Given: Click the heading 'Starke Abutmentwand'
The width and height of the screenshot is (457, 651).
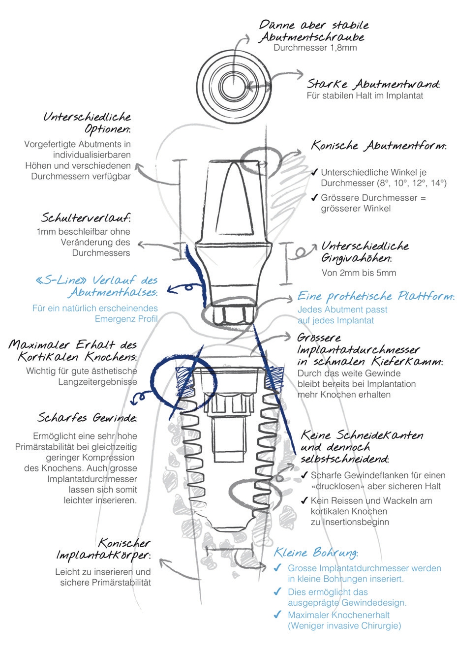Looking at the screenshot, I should (x=372, y=84).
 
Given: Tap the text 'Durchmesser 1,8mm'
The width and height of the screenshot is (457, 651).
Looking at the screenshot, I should (x=315, y=48).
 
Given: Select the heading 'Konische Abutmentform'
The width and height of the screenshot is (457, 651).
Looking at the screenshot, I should (x=378, y=146).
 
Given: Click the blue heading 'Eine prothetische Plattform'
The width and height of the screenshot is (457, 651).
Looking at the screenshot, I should (x=375, y=296).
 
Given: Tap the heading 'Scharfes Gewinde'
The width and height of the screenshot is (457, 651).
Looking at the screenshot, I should (x=87, y=418).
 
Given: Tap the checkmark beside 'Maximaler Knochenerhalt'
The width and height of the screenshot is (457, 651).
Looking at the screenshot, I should (x=277, y=615).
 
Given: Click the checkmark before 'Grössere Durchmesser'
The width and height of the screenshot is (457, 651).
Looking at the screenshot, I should (x=314, y=198).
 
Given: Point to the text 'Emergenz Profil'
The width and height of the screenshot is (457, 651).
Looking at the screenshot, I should (x=126, y=319).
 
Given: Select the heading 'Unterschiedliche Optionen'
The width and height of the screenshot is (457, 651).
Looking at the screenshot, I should (x=88, y=123).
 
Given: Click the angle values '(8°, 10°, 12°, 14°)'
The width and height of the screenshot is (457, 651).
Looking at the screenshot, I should (x=412, y=183).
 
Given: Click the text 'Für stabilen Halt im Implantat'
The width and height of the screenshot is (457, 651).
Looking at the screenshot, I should (x=365, y=96).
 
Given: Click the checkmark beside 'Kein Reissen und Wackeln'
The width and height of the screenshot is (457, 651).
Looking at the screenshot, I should (x=304, y=501).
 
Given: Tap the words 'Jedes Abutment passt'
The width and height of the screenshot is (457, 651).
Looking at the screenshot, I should (x=342, y=310).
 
